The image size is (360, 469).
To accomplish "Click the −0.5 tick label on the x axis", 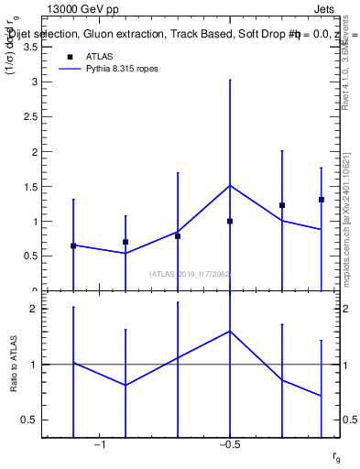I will point(229,445).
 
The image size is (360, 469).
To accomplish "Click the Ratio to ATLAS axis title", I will point(14,365).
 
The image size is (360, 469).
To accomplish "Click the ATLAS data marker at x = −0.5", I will point(230,221).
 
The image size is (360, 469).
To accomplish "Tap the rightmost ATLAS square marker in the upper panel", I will point(322,200).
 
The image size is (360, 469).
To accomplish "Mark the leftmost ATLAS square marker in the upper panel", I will point(73,245).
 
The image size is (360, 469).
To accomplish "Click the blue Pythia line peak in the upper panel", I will point(230,185).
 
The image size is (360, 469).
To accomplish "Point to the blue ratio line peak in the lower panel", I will point(230,331).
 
